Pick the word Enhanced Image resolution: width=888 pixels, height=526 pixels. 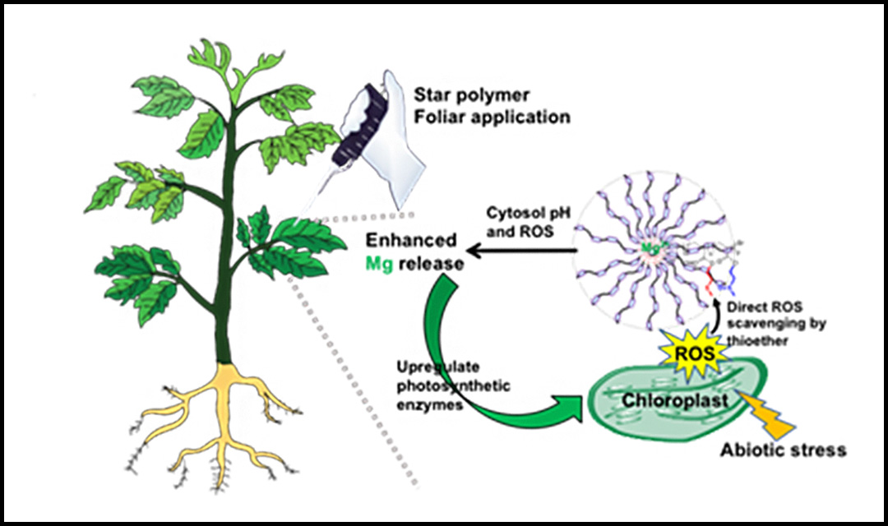[x=411, y=241]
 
